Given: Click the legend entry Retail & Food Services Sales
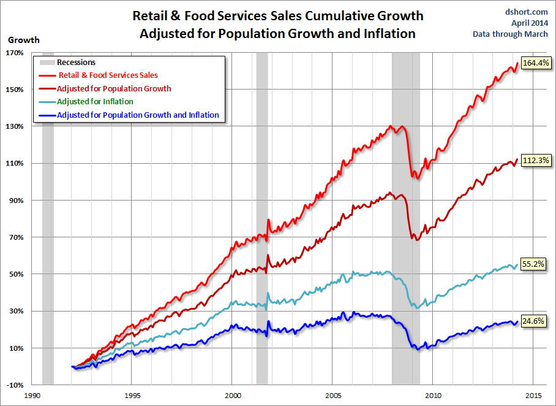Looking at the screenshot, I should pos(108,75).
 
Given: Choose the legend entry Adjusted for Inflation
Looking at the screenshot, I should pos(94,102).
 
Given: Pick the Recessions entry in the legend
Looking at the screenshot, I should pos(76,63).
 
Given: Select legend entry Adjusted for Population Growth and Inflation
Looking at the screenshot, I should pos(137,115).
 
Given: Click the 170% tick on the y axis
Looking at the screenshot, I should pos(15,53).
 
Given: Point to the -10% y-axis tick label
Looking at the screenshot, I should pos(15,385).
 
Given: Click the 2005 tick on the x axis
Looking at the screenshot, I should pos(333,396).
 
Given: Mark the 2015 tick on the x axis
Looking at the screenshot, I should pos(533,396).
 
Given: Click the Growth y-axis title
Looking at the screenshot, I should pos(23,40).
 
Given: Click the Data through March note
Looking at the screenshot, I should pos(511,34).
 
